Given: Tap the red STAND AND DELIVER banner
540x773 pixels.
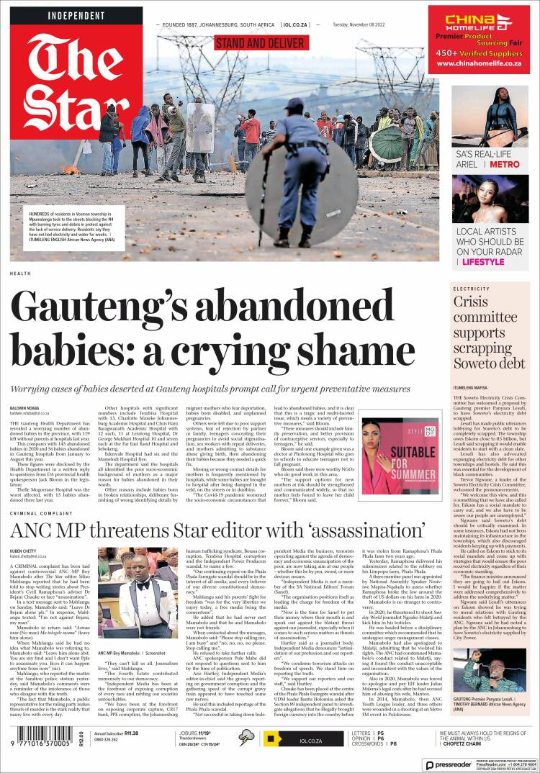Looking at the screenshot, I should [260, 43].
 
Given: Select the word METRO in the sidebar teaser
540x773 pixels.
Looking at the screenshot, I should [504, 164].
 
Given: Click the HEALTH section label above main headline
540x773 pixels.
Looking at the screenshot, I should [20, 274].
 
